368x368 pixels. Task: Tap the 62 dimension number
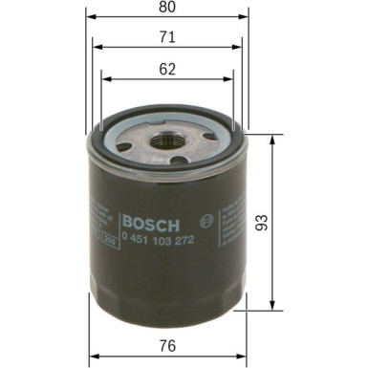pyautogui.click(x=167, y=70)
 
